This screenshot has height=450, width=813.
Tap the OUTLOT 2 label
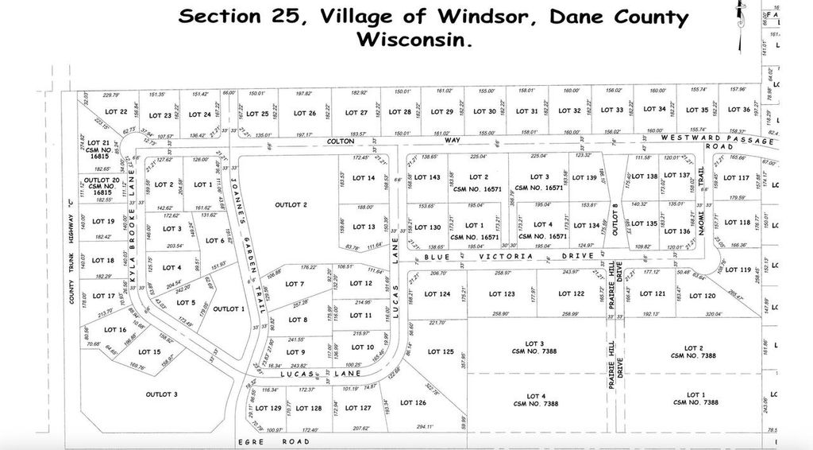tap(291, 205)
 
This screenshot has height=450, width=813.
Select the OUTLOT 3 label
tap(161, 394)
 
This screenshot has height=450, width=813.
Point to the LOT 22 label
tap(117, 112)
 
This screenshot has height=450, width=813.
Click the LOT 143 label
tap(427, 177)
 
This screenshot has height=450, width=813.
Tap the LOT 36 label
tap(739, 110)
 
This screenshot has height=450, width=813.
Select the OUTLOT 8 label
tap(615, 216)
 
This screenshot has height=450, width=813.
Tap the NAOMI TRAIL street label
tap(701, 215)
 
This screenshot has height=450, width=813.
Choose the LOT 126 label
tap(414, 404)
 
